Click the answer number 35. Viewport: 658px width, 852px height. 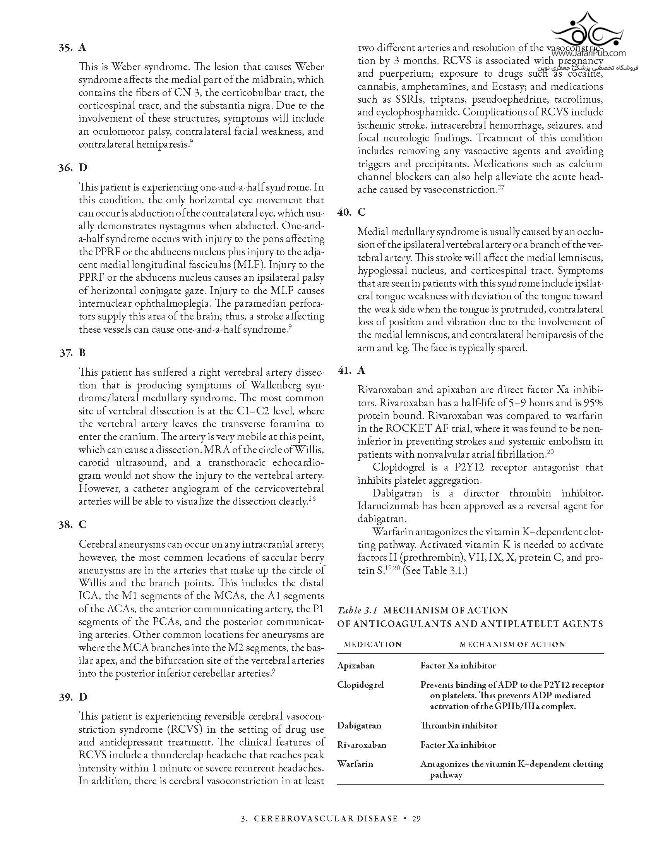pyautogui.click(x=65, y=48)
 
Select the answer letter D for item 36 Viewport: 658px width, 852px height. pyautogui.click(x=83, y=168)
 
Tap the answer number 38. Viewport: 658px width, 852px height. pyautogui.click(x=65, y=525)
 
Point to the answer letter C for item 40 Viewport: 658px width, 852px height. pyautogui.click(x=362, y=212)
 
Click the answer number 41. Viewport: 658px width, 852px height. pyautogui.click(x=344, y=370)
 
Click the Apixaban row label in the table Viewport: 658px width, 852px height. pyautogui.click(x=356, y=665)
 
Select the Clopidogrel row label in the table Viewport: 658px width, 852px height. pyautogui.click(x=361, y=685)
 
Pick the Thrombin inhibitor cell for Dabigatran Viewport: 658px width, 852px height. pyautogui.click(x=458, y=726)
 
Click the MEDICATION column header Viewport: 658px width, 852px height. pyautogui.click(x=373, y=644)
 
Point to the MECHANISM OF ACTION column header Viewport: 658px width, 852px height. pyautogui.click(x=512, y=644)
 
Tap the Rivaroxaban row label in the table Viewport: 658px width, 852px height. pyautogui.click(x=362, y=745)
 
